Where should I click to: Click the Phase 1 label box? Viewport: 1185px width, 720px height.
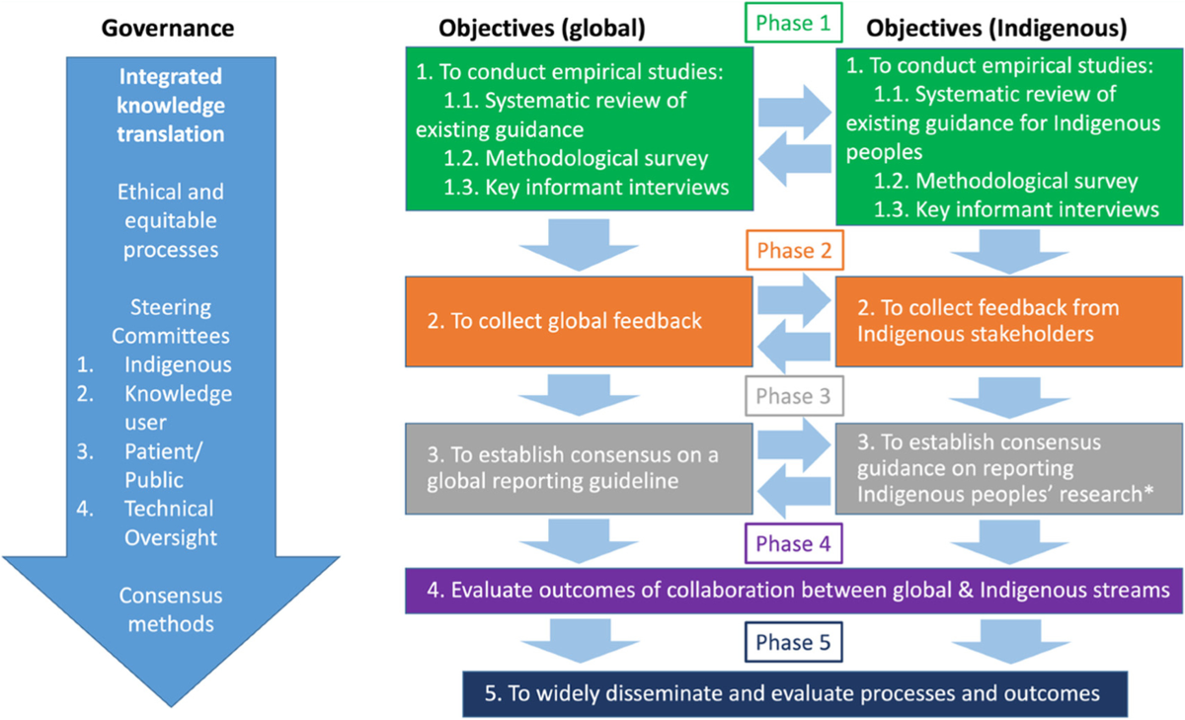pos(795,22)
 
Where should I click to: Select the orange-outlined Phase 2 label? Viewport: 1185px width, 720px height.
pos(795,252)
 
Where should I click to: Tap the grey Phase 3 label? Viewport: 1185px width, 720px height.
pos(795,397)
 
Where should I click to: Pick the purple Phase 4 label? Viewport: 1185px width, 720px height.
pos(795,542)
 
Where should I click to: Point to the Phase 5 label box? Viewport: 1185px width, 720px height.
pos(795,643)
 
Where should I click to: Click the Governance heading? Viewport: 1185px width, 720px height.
pos(168,28)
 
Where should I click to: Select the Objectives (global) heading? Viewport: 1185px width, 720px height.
pos(541,28)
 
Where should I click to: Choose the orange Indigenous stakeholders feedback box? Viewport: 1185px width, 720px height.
pos(1007,320)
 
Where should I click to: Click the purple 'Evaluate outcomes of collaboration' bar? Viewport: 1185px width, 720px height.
pos(795,591)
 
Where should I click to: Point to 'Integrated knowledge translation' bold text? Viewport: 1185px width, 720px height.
pos(171,106)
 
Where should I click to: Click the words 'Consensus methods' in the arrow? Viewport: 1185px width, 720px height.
pos(171,609)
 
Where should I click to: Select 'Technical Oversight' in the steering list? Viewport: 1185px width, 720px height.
pos(169,522)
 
